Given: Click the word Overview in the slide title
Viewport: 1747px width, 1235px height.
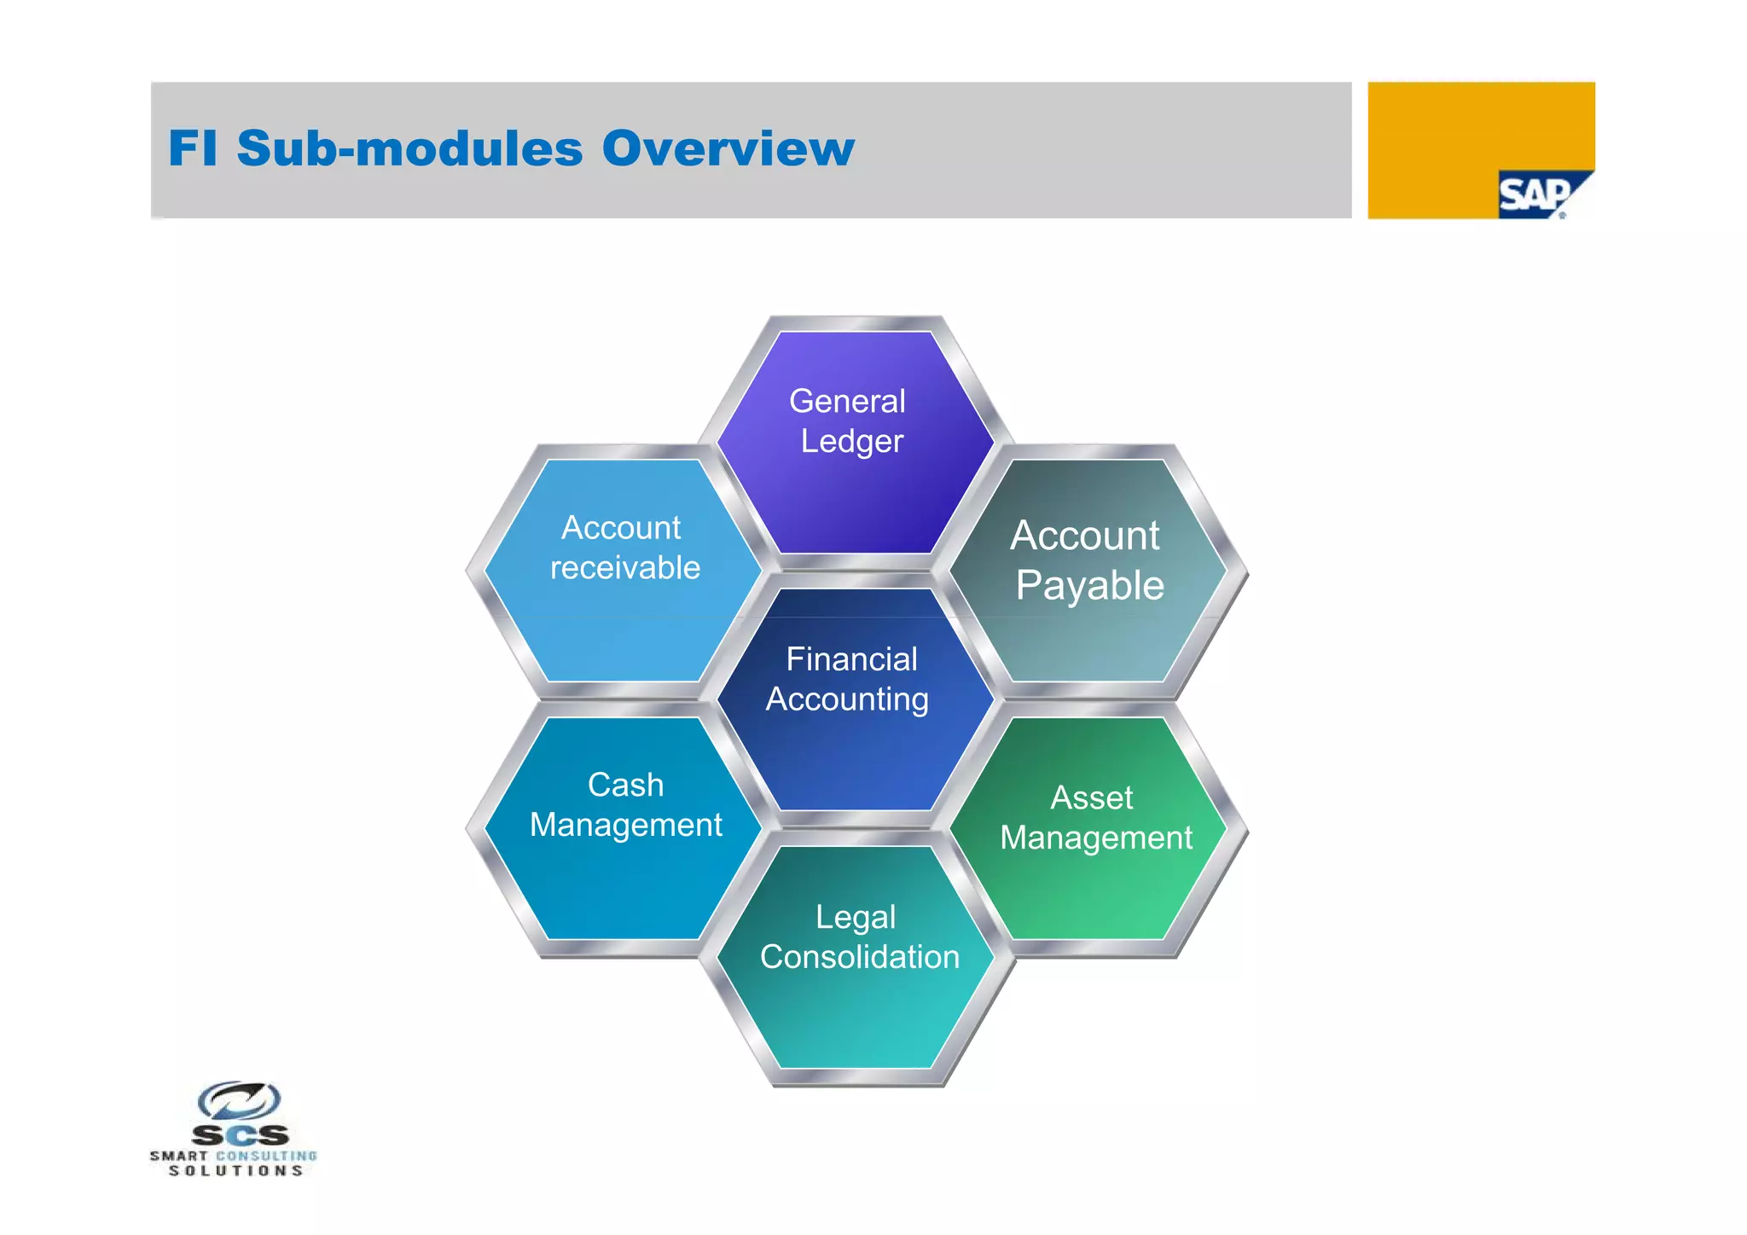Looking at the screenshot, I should pos(728,148).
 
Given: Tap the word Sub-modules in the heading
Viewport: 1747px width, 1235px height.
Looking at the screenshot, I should pos(409,148).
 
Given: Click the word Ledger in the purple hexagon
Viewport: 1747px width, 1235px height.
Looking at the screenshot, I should pos(851,442).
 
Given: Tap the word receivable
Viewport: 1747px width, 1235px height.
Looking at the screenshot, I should pos(625,568).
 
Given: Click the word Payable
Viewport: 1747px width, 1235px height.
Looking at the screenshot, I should pos(1089,586).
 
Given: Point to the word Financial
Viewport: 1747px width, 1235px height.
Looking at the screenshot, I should pos(851,659).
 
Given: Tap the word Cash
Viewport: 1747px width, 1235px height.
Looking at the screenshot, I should pos(625,785).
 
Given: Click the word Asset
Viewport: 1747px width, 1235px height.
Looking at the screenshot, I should pos(1091,798).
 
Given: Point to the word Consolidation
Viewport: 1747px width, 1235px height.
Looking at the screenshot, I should pos(860,957).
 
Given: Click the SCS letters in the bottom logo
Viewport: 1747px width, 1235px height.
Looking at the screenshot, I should pos(240,1135).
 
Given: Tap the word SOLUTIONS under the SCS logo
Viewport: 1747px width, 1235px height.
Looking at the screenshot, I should pos(235,1171).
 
